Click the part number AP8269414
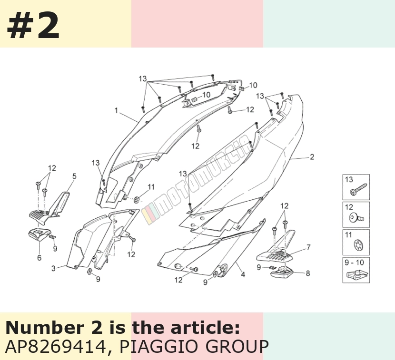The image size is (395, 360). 55,346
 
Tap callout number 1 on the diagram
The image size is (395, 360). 116,110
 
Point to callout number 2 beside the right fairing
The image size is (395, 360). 312,157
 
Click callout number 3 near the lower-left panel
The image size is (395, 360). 53,268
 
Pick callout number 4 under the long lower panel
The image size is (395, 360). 243,274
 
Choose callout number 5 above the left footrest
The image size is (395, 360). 74,176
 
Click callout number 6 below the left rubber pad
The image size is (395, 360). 39,258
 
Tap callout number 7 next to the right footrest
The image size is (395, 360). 308,247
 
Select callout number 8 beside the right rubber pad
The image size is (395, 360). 307,273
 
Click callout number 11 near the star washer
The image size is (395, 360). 151,187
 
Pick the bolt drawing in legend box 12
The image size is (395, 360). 356,217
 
